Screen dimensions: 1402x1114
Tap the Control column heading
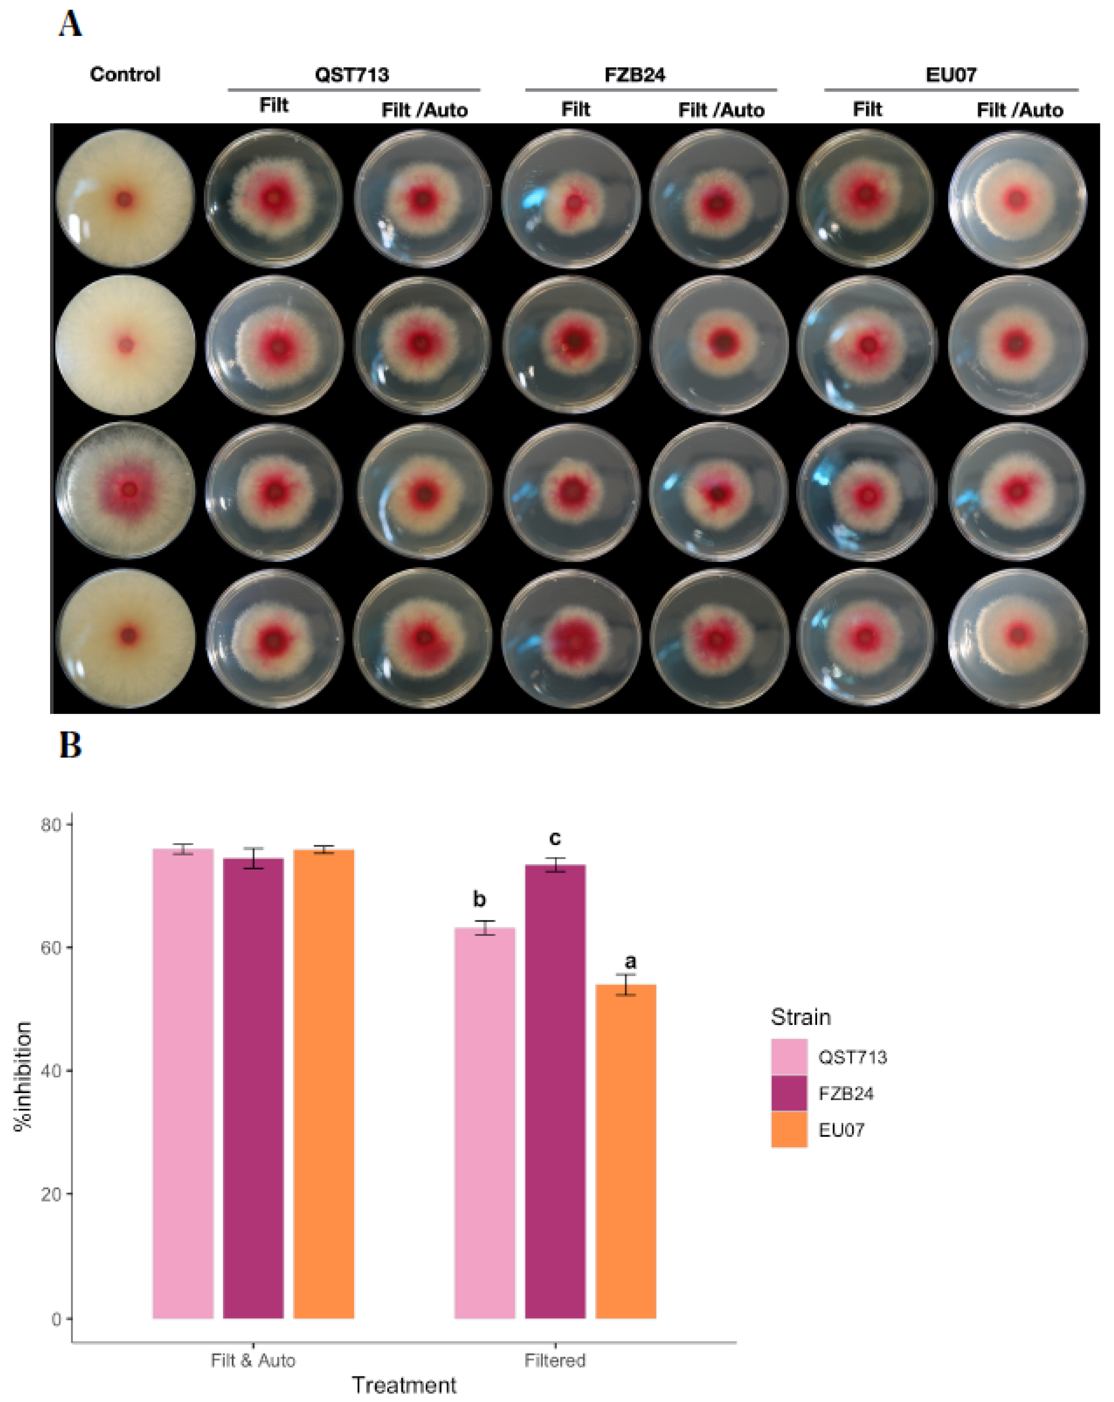[x=125, y=74]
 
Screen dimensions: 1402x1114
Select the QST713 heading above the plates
[x=352, y=74]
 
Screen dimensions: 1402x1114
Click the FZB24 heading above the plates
[x=634, y=74]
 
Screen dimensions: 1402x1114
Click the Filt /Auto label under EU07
[x=1019, y=110]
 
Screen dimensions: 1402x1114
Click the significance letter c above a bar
[x=555, y=838]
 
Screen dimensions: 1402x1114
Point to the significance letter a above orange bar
[x=630, y=961]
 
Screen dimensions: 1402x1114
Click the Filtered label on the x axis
[x=555, y=1360]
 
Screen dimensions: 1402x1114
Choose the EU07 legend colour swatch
[x=788, y=1129]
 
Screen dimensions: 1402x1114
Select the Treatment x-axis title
[x=403, y=1385]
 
